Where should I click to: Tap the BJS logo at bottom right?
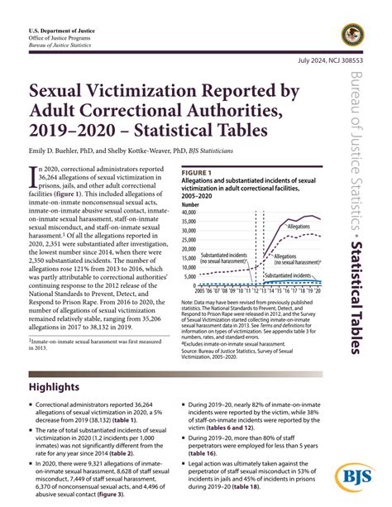(355, 479)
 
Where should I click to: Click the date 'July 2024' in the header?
(301, 62)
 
